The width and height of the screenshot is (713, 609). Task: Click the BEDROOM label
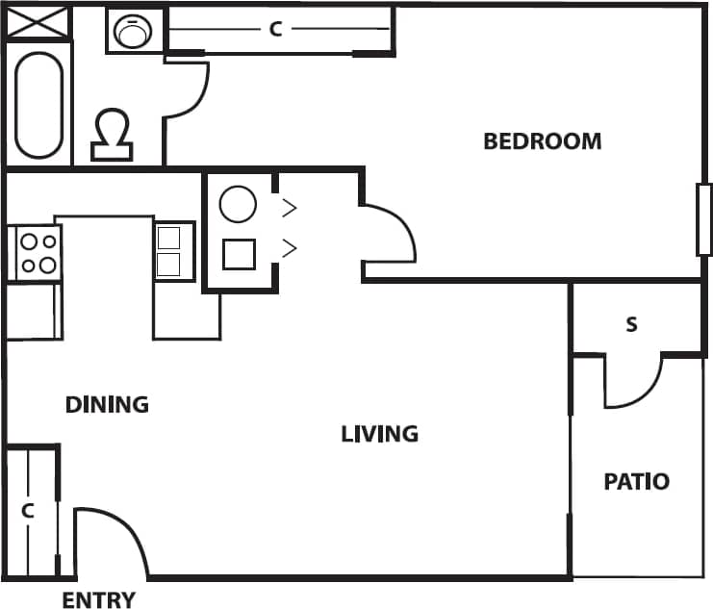pyautogui.click(x=542, y=141)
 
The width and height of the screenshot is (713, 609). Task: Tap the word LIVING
pyautogui.click(x=380, y=434)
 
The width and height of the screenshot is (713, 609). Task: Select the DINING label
pyautogui.click(x=107, y=404)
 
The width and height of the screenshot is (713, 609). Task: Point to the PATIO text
pyautogui.click(x=636, y=481)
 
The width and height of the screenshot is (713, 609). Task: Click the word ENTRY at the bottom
pyautogui.click(x=98, y=600)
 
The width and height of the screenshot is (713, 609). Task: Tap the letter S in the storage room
pyautogui.click(x=631, y=324)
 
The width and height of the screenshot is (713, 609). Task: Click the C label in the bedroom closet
pyautogui.click(x=275, y=30)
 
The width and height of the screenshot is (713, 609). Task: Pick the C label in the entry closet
pyautogui.click(x=28, y=511)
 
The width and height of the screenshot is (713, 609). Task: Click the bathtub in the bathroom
pyautogui.click(x=39, y=106)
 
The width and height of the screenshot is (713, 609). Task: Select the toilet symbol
pyautogui.click(x=114, y=135)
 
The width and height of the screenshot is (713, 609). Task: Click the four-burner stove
pyautogui.click(x=37, y=253)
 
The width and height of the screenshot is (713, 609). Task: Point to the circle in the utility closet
pyautogui.click(x=238, y=205)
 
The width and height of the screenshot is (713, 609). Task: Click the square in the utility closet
pyautogui.click(x=238, y=253)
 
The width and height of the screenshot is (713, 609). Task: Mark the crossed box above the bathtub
pyautogui.click(x=39, y=23)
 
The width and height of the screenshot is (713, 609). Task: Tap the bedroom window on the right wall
pyautogui.click(x=703, y=219)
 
